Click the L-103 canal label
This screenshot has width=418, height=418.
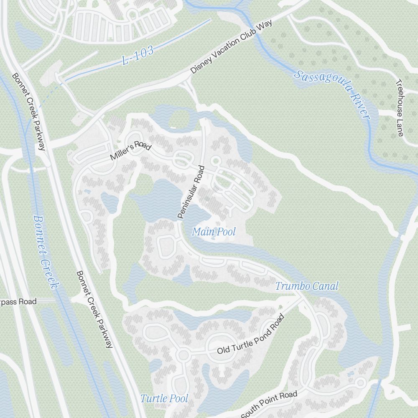138,56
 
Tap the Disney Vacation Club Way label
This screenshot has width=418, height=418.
231,46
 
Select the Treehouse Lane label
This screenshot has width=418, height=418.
399,107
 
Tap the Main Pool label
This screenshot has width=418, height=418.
214,232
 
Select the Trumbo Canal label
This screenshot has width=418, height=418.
306,286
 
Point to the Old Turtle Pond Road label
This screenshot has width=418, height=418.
250,334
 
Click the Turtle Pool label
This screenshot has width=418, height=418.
164,398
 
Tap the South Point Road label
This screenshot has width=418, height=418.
269,404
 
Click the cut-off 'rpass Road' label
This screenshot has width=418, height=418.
18,301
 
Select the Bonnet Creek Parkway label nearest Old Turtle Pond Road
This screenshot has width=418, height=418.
94,309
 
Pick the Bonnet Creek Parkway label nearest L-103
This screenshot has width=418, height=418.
28,112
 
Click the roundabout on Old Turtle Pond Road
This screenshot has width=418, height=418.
182,355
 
